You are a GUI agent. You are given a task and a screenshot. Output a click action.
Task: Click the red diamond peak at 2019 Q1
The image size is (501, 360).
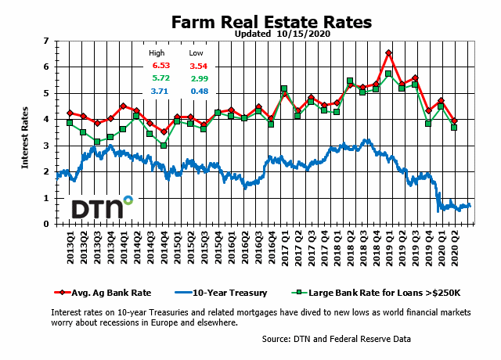[389, 53]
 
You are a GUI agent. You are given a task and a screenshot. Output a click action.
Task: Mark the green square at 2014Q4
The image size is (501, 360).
[164, 146]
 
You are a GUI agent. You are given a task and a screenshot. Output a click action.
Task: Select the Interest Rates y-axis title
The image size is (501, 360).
[26, 132]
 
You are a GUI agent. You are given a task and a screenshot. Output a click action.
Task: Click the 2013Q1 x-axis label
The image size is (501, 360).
[70, 244]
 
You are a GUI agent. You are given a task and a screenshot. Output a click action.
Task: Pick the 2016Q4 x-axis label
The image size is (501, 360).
[271, 244]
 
